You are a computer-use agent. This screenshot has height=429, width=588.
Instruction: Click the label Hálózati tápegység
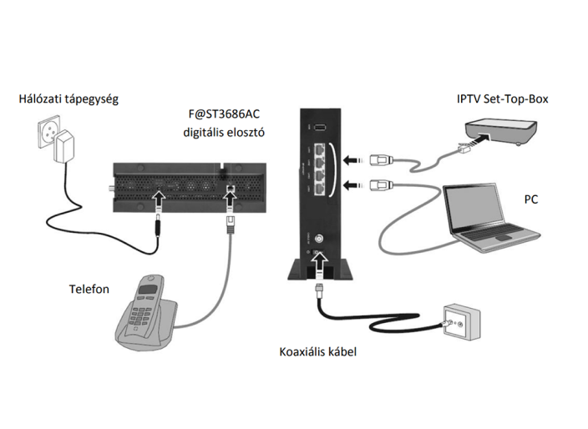[x=68, y=98]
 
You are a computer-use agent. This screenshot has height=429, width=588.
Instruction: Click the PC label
[x=531, y=200]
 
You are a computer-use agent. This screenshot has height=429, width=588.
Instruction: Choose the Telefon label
[x=90, y=290]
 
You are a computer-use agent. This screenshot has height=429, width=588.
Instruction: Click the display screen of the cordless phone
[x=148, y=294]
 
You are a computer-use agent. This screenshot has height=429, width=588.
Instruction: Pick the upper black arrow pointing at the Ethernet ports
[x=356, y=155]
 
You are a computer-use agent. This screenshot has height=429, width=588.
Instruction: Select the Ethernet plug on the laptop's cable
[x=379, y=184]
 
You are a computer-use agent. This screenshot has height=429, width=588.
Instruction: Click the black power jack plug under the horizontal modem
[x=158, y=224]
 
